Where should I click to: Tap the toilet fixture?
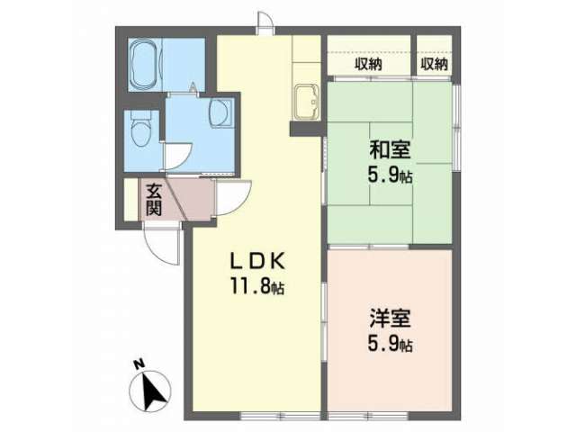point(141,130)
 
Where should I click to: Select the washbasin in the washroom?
point(220,112)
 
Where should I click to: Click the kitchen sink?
point(306,102)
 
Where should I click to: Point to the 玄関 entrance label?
point(154,200)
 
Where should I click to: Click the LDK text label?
point(256,262)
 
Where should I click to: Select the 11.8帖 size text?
point(256,286)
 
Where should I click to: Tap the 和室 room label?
point(390,150)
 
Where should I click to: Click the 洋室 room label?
point(390,318)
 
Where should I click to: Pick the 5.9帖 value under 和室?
point(390,176)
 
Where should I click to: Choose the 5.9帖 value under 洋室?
point(390,344)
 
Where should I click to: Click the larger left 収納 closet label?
point(368,65)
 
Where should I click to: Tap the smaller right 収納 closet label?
point(434,65)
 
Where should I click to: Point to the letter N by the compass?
point(138,364)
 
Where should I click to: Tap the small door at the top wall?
point(265,22)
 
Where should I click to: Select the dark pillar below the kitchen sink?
point(306,130)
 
